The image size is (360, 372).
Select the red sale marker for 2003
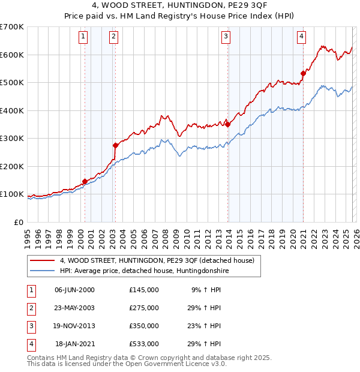115,145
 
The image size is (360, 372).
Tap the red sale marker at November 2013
228,124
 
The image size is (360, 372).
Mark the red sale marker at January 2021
304,73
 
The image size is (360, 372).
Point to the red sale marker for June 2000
85,181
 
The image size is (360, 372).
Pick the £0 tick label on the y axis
18,222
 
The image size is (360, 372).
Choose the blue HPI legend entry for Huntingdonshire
144,271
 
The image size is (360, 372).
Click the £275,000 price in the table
144,307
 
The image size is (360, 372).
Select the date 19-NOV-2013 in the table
74,326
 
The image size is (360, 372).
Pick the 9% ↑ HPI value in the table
206,289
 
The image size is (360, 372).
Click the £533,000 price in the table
144,344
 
